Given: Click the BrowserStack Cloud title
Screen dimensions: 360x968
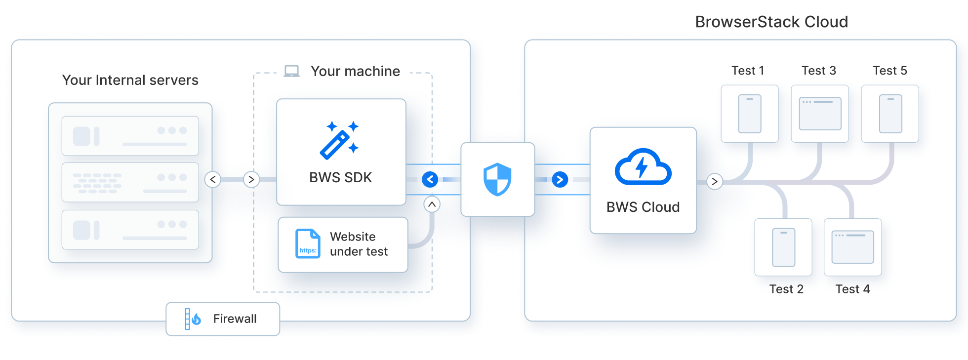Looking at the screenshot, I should [x=771, y=22].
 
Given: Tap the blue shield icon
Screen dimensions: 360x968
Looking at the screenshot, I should [x=497, y=179].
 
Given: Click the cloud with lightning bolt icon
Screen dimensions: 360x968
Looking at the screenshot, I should [x=643, y=167].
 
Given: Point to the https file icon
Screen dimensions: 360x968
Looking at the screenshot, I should [x=308, y=243].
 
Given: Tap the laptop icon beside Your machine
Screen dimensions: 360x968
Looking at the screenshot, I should [x=291, y=72].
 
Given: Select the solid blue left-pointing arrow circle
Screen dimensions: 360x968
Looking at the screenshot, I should [x=430, y=179].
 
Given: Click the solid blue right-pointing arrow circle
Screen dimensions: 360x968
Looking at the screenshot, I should [x=560, y=179].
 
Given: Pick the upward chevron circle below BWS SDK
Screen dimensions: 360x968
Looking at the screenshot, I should [x=432, y=204].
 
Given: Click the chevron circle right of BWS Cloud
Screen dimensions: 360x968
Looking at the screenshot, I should [x=714, y=181].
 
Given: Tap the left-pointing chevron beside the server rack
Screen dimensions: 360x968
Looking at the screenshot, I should [x=213, y=179].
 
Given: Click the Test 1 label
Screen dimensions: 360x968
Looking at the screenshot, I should [x=748, y=71].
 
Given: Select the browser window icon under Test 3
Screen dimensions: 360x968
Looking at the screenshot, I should [x=820, y=114].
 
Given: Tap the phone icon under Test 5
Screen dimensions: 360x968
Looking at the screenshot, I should [x=890, y=114].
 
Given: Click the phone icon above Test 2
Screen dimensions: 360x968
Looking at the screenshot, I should [x=783, y=247].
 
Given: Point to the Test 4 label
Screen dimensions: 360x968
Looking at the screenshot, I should [x=852, y=289].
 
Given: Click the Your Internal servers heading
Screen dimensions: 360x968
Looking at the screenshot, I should [x=130, y=80].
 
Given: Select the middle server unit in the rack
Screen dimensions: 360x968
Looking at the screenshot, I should [x=130, y=182].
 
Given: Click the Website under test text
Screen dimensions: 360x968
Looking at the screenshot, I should [x=359, y=244].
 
